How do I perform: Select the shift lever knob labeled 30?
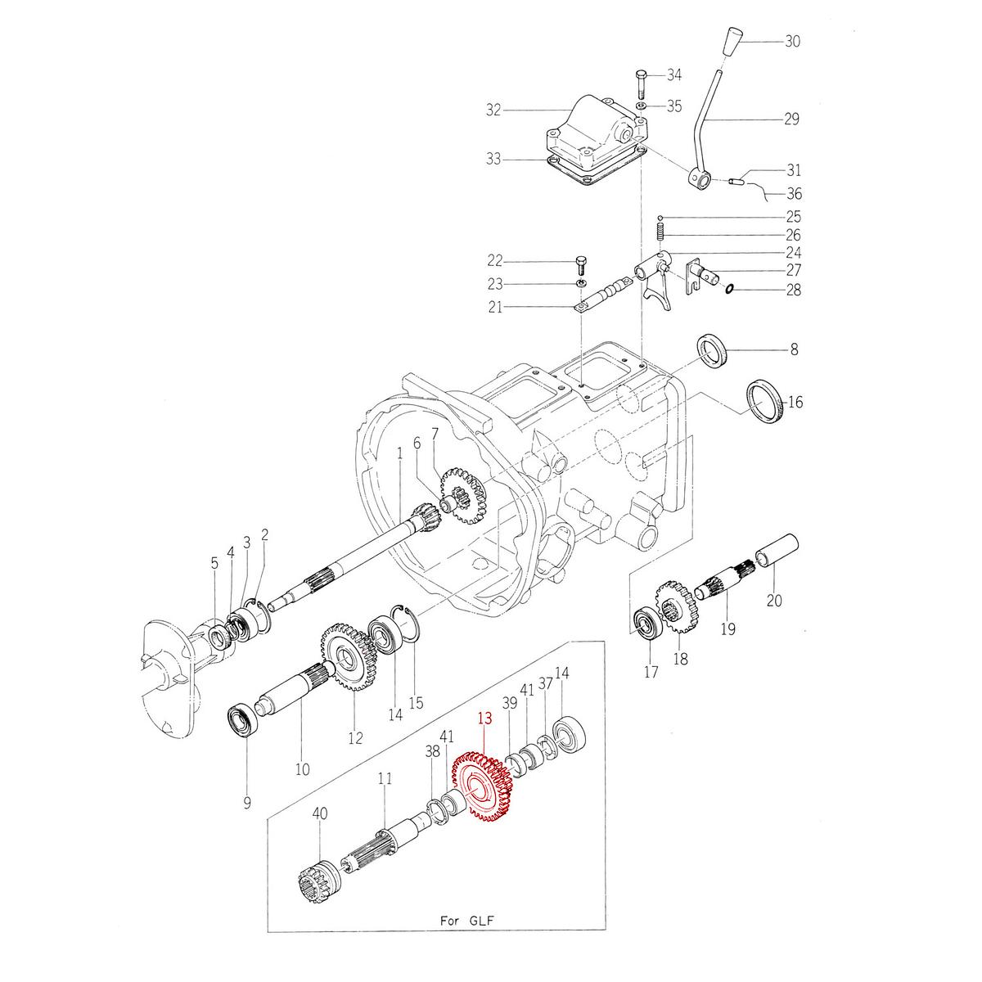click(x=732, y=43)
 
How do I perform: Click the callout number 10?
click(x=303, y=768)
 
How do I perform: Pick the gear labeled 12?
click(x=346, y=655)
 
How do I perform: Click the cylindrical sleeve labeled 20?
click(x=774, y=552)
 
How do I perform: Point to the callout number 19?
click(x=727, y=629)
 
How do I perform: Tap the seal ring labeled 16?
click(x=766, y=402)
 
